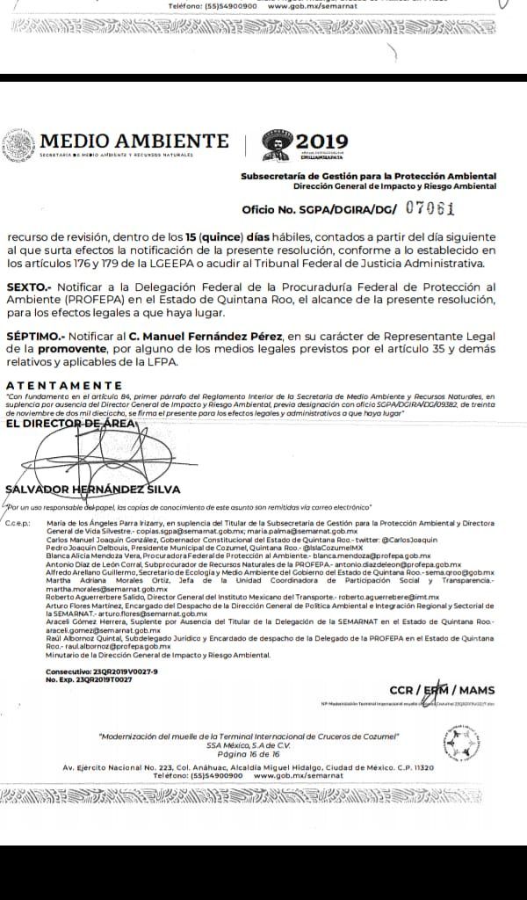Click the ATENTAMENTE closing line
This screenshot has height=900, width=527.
tap(64, 385)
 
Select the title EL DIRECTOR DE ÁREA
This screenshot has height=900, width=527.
tap(70, 424)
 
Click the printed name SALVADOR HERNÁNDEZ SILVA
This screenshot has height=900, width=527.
tap(92, 490)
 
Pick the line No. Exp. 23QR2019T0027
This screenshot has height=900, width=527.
tap(89, 679)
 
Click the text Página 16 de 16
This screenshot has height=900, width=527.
tap(249, 753)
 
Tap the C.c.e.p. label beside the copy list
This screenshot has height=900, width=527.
tap(18, 522)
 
